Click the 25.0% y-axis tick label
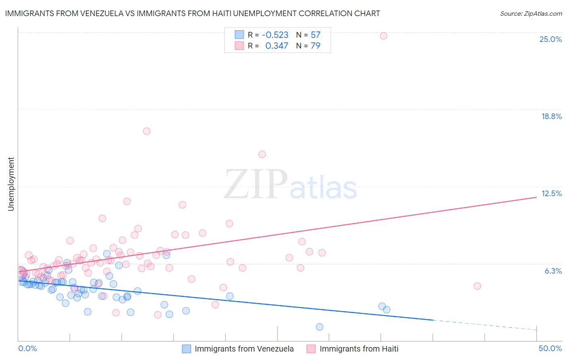550,39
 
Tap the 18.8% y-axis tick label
551,116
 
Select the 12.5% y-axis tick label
551,193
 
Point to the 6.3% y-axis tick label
553,271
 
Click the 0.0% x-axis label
27,348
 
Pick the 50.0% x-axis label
550,348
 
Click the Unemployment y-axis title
11,184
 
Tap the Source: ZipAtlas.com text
531,13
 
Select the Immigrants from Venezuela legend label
244,349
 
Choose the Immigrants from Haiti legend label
359,349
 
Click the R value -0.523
275,35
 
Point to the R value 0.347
277,46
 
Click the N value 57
315,35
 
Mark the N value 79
315,46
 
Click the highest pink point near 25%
384,36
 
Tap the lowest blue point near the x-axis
319,327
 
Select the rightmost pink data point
477,286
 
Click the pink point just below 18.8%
147,131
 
